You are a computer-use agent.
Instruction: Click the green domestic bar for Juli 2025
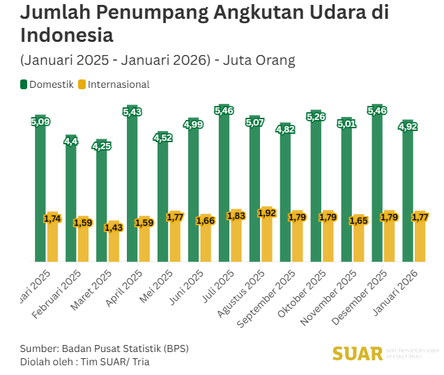pyautogui.click(x=224, y=188)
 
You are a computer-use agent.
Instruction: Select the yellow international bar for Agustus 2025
pyautogui.click(x=267, y=237)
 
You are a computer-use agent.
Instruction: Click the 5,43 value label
pyautogui.click(x=132, y=112)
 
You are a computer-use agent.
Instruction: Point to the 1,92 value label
pyautogui.click(x=267, y=213)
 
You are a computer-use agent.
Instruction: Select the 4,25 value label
pyautogui.click(x=101, y=146)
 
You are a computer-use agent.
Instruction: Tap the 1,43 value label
pyautogui.click(x=113, y=227)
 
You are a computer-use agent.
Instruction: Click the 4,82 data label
pyautogui.click(x=285, y=129)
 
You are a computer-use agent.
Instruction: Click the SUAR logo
pyautogui.click(x=358, y=353)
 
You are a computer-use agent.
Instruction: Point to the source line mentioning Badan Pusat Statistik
pyautogui.click(x=105, y=348)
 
